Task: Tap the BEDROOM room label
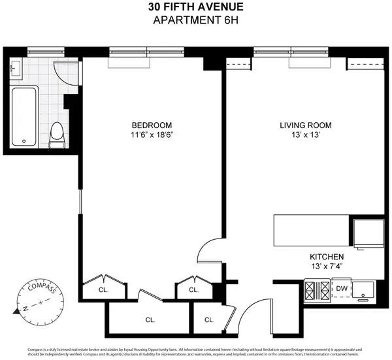point(152,125)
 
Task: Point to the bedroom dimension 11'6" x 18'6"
point(152,135)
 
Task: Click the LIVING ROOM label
point(306,125)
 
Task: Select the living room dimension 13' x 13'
point(306,135)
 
